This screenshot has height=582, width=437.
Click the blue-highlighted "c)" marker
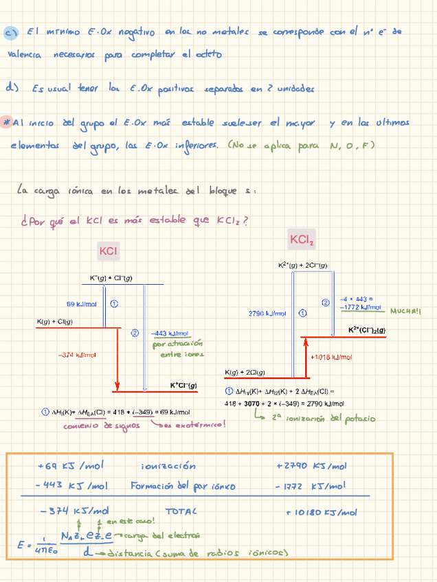10,32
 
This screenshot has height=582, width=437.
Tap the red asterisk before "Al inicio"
6,122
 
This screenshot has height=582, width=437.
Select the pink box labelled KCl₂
302,240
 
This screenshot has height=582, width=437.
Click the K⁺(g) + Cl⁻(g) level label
111,277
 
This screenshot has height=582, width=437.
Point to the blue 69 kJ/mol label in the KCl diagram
81,303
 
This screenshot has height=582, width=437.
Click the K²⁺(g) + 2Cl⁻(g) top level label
302,265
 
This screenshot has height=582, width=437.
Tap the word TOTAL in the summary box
181,511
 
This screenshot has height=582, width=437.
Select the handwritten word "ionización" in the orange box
168,466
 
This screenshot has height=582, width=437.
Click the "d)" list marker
11,88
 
